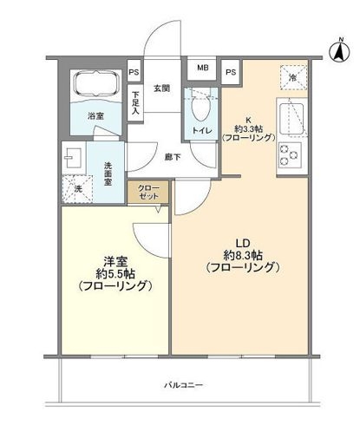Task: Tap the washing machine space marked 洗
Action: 72,186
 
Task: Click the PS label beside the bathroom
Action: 134,73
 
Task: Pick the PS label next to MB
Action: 231,73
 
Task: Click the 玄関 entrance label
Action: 161,88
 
